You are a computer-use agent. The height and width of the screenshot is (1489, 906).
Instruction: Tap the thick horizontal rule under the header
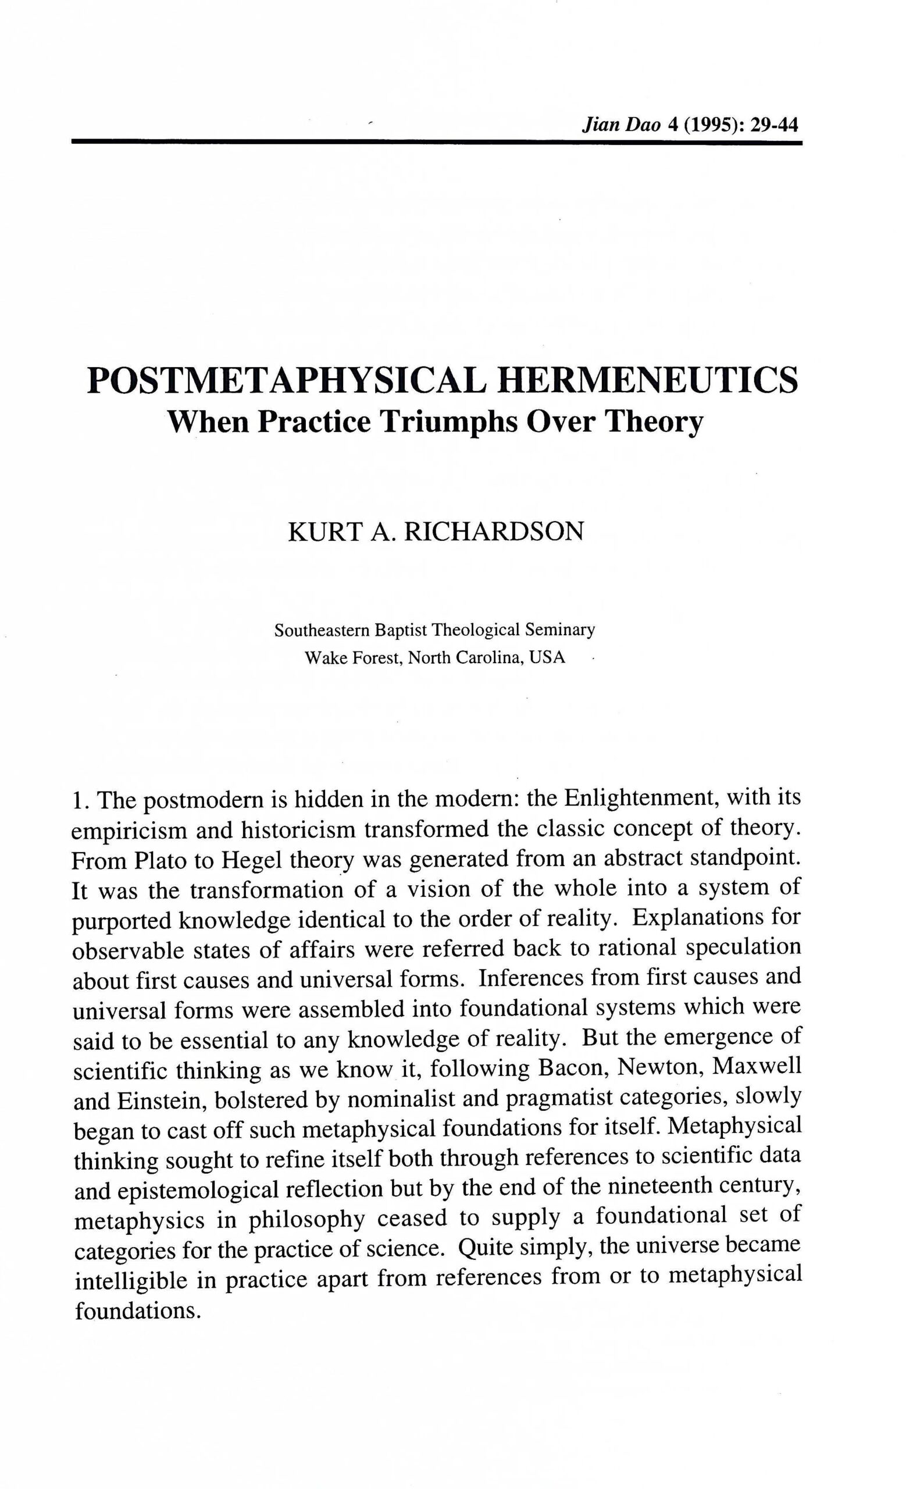point(436,142)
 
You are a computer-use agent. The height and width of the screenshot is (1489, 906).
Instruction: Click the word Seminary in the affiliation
point(559,630)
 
